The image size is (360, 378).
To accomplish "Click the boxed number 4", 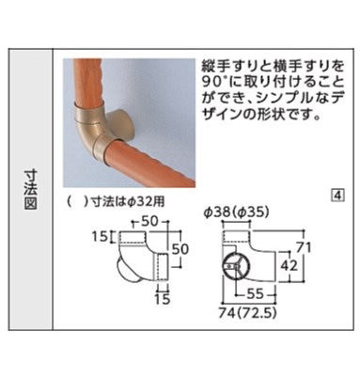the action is (337, 196).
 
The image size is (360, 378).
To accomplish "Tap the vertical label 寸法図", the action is (30, 189).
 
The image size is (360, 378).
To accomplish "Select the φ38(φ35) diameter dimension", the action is (236, 213).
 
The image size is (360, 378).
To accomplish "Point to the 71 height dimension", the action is (305, 247).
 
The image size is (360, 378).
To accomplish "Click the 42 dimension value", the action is (289, 265).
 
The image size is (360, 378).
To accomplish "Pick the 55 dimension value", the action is (256, 293).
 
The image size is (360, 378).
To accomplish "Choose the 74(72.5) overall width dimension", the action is (247, 313).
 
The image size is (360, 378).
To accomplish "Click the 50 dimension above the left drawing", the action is (149, 221).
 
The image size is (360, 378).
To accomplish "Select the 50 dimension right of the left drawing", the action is (180, 249).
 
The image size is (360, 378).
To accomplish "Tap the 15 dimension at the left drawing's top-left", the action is (100, 237).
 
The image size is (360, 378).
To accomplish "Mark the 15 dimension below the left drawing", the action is (163, 299).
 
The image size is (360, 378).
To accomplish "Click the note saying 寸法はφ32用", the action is (127, 201).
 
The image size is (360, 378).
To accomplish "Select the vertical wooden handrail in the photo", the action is (88, 82).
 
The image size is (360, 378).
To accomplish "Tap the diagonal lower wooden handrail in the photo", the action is (149, 163).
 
